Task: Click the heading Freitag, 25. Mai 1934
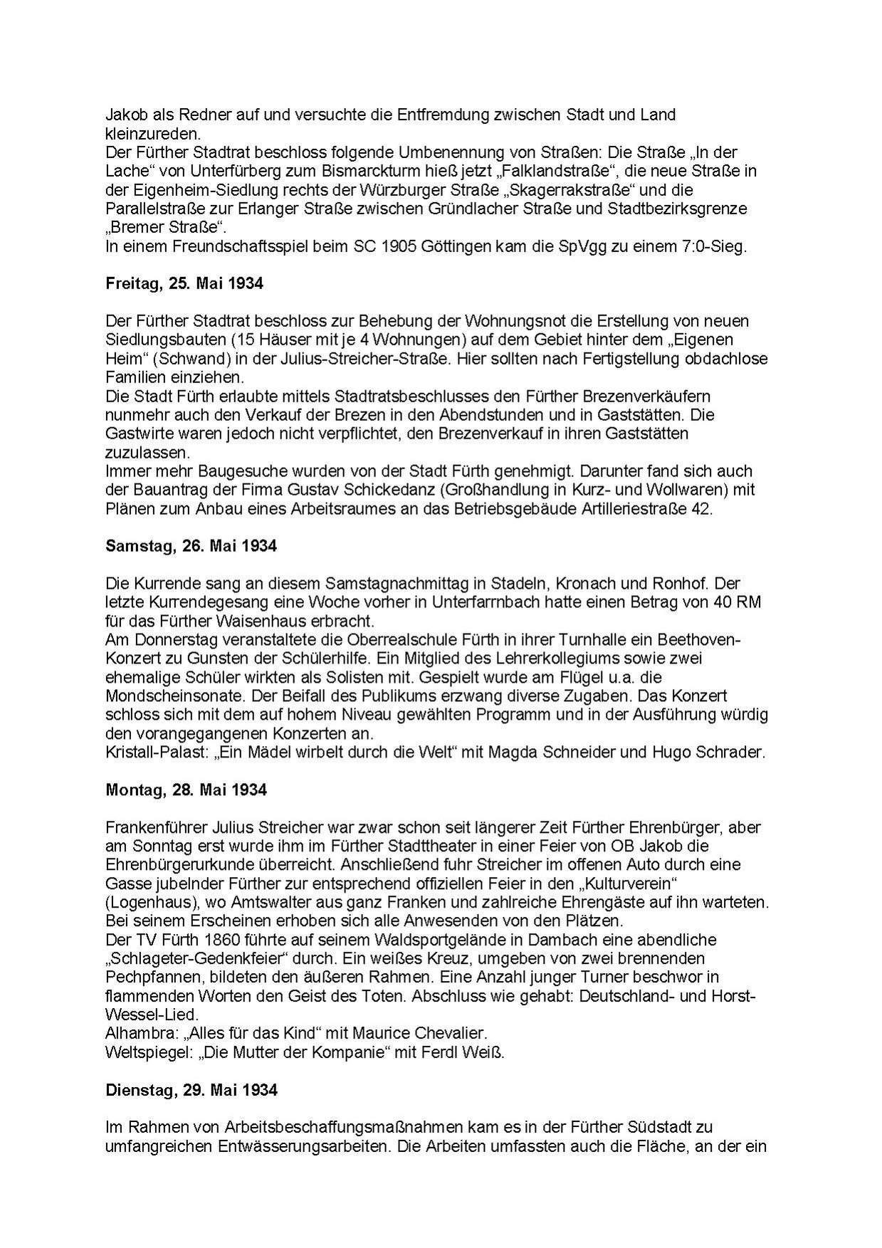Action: click(184, 283)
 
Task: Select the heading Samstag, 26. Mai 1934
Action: click(191, 546)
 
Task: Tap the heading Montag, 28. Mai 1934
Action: click(186, 790)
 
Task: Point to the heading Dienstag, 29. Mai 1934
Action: click(191, 1090)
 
